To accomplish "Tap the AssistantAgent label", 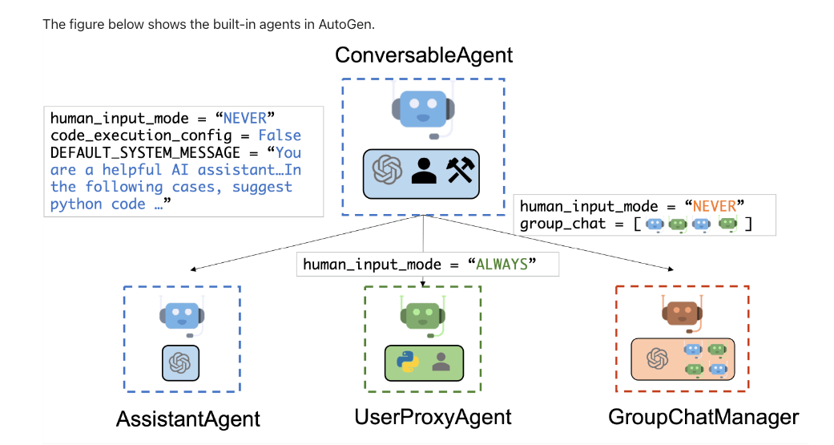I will coord(188,419).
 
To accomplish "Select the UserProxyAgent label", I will coord(433,417).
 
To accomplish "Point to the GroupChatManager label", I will coord(703,417).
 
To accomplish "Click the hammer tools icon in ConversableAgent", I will coord(461,169).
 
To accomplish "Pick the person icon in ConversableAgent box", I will coord(423,170).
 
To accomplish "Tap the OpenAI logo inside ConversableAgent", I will coord(386,170).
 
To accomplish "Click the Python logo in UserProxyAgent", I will coord(408,362).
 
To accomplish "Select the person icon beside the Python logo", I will coord(440,362).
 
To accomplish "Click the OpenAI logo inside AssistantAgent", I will coord(180,362).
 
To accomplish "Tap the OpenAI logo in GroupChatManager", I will coord(658,358).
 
